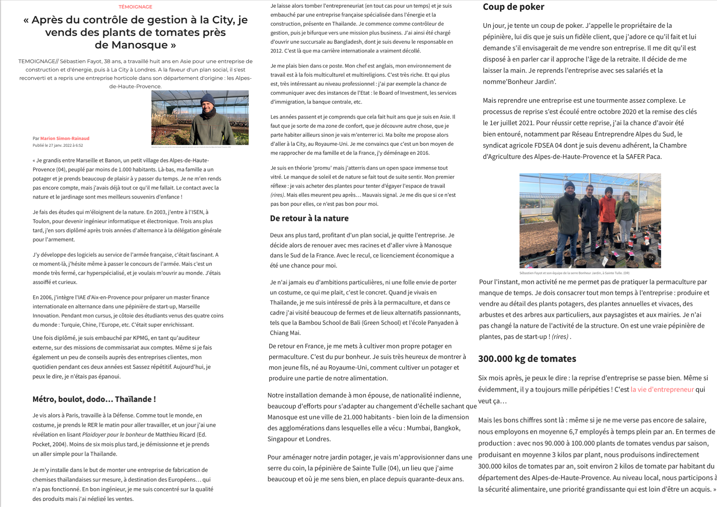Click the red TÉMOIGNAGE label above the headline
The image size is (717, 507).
(x=135, y=7)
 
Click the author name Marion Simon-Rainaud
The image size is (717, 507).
(x=65, y=138)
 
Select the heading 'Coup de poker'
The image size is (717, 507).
(x=513, y=7)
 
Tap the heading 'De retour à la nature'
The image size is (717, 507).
(x=309, y=218)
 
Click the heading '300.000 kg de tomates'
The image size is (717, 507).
(x=527, y=358)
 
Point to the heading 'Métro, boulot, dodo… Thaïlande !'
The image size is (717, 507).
(x=94, y=399)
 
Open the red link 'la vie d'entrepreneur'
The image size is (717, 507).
(x=662, y=389)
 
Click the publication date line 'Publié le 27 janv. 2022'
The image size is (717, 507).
(x=58, y=145)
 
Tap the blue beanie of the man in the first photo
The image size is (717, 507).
(x=207, y=99)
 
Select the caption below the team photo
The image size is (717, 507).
(x=574, y=273)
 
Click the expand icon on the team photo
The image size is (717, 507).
(x=651, y=258)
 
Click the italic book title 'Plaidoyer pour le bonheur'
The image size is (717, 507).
(x=114, y=434)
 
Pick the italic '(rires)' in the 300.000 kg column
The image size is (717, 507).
(x=560, y=337)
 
